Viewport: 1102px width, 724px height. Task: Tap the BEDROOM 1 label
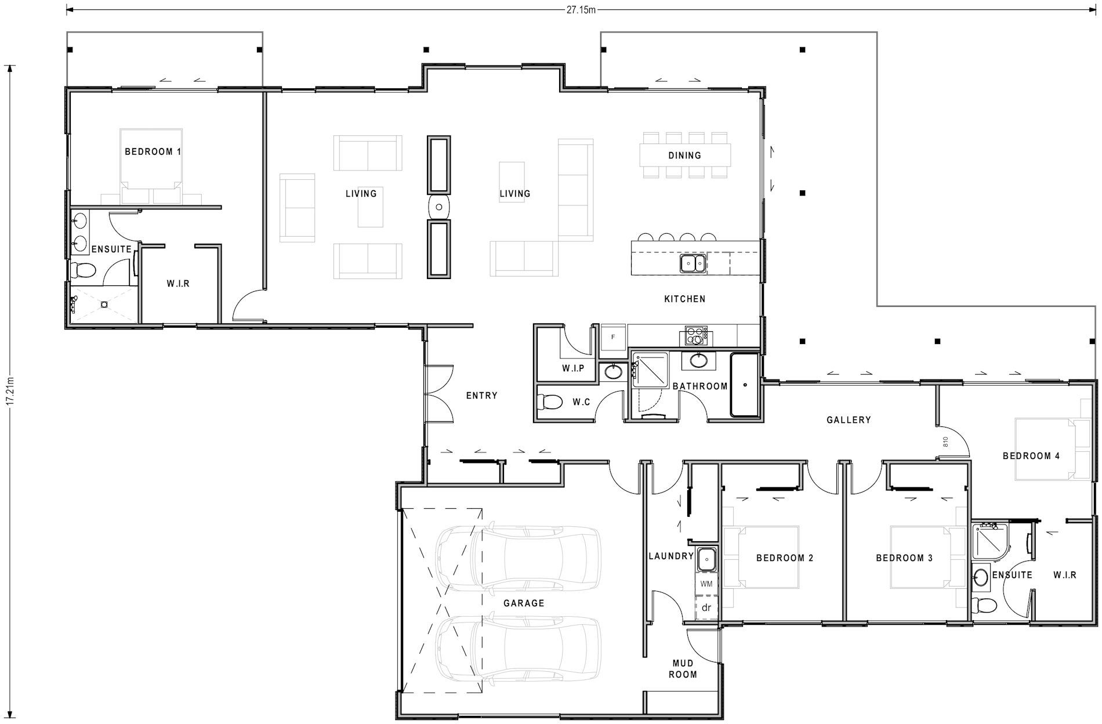pos(153,152)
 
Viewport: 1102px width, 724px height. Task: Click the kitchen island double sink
pos(693,263)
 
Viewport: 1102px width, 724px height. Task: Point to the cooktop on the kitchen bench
pos(696,335)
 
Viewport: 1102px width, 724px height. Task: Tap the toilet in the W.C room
pos(550,401)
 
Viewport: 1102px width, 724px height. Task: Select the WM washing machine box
pos(706,584)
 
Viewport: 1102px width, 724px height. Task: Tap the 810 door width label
pos(945,442)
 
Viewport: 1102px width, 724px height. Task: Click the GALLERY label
pos(849,420)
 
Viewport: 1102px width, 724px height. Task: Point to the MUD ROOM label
pos(683,669)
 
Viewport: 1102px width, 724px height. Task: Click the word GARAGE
pos(524,603)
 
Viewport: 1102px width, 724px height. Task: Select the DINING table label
pos(684,155)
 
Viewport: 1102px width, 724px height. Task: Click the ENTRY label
pos(481,396)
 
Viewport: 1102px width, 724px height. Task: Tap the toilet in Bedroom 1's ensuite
pos(84,270)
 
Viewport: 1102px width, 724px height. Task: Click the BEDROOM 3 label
pos(904,558)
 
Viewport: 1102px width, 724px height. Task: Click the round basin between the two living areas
pos(439,207)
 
